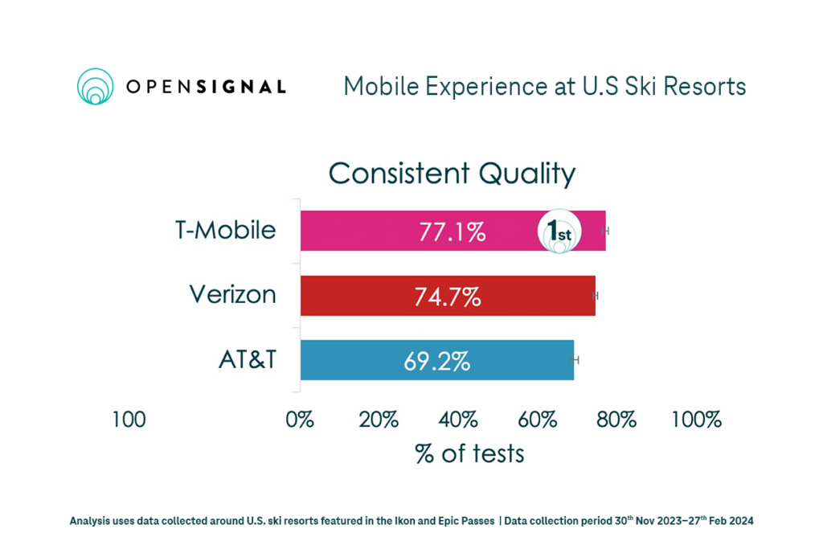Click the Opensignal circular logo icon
96,86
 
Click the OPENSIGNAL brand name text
206,87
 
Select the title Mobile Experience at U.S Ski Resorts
544,86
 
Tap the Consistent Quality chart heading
452,174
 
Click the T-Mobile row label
225,231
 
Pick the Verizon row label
232,295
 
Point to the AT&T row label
248,359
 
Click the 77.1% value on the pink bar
452,232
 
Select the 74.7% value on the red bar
448,297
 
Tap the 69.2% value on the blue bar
436,361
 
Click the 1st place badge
559,232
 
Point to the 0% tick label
300,420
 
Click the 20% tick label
379,420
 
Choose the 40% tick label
458,420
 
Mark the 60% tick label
538,420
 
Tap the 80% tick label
616,420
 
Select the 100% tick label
696,420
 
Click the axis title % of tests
469,453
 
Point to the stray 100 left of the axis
129,420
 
